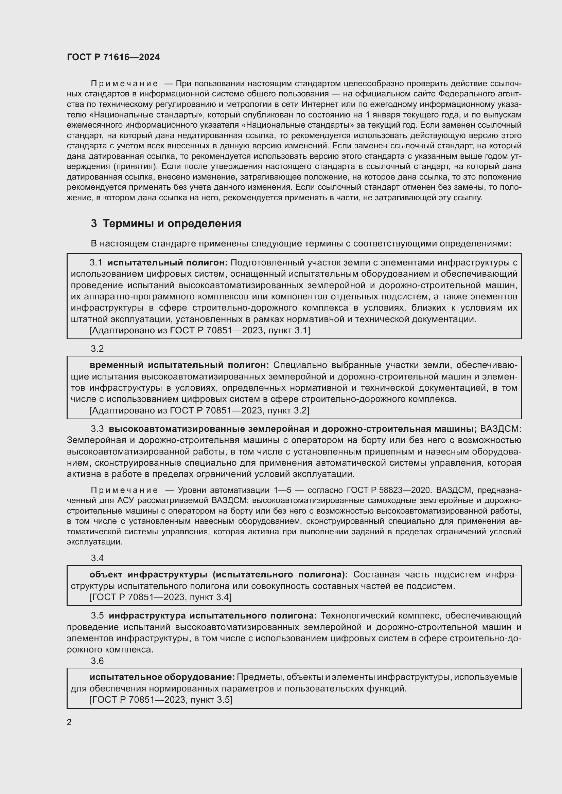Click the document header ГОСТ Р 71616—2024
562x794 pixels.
[x=113, y=57]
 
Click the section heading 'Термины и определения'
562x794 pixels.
[x=172, y=224]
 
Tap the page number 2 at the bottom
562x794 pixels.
[x=69, y=722]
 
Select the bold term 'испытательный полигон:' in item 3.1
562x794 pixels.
[x=168, y=262]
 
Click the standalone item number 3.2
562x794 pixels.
[x=97, y=349]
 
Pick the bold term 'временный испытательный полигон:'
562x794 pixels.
[x=179, y=365]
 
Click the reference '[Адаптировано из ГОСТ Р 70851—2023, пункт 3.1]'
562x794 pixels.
[x=200, y=330]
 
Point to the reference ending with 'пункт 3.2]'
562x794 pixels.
[x=199, y=410]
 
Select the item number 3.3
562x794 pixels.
[x=97, y=429]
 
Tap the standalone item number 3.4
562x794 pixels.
[x=97, y=558]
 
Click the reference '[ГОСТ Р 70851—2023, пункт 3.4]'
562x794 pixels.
[x=161, y=597]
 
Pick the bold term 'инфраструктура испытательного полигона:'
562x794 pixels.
[x=213, y=615]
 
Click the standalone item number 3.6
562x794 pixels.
[x=97, y=661]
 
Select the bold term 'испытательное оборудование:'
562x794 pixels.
[x=162, y=677]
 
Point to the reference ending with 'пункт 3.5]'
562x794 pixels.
[x=161, y=700]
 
